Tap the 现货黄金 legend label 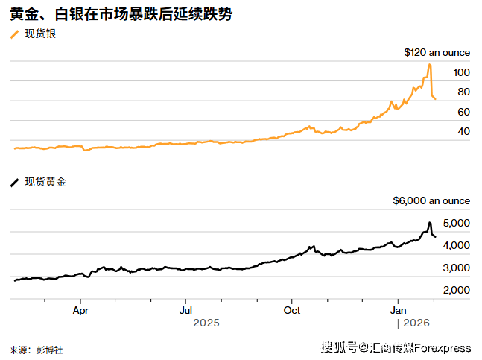click(x=45, y=182)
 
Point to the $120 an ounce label click(x=437, y=53)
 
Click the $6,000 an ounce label click(x=431, y=200)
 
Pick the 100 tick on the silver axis click(x=461, y=72)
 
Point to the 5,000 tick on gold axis click(x=456, y=223)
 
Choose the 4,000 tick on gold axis click(x=456, y=245)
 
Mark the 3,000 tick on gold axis click(x=456, y=267)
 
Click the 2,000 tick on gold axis click(x=456, y=289)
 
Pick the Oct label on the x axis click(x=293, y=309)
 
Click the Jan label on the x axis click(x=399, y=309)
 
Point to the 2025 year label click(x=206, y=323)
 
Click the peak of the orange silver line click(x=429, y=65)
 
